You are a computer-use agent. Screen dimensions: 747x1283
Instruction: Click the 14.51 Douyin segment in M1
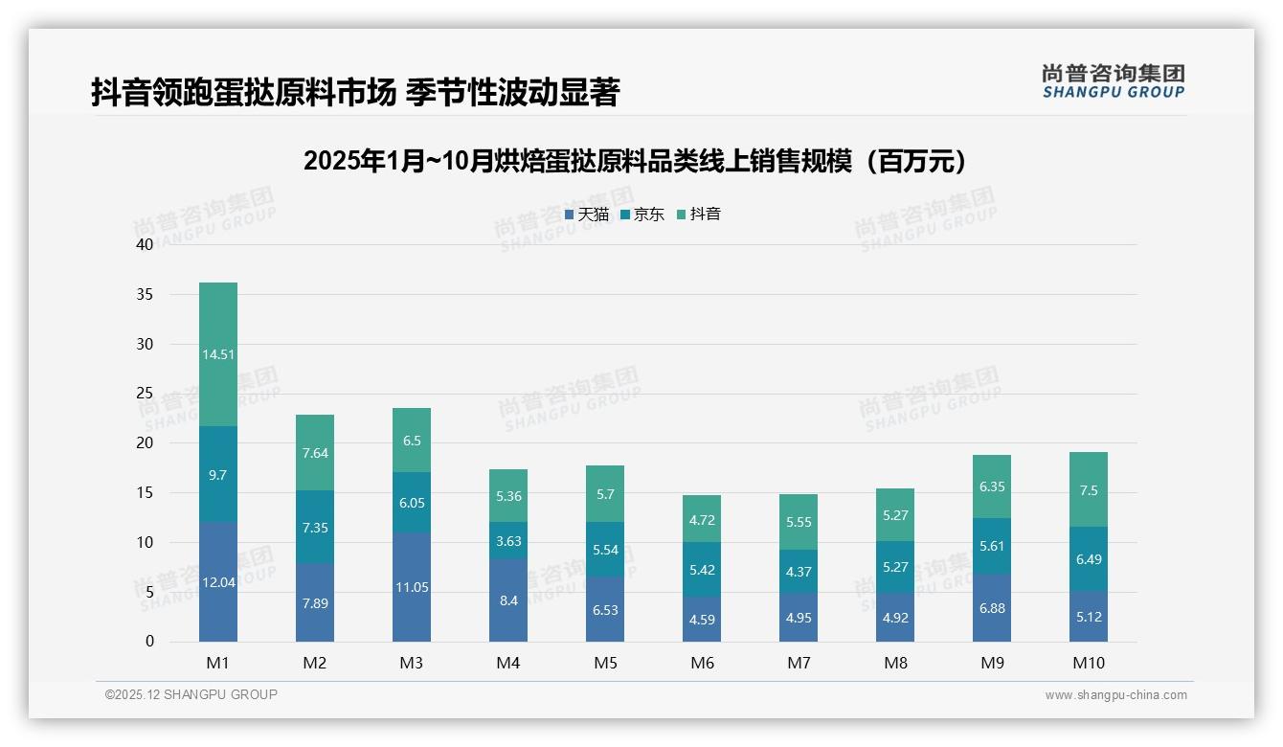click(x=218, y=354)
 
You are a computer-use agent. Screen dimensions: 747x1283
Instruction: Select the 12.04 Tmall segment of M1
click(x=218, y=581)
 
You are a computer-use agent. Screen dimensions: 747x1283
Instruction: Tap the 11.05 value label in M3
click(x=412, y=587)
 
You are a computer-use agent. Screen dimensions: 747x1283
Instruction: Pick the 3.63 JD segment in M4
click(x=508, y=541)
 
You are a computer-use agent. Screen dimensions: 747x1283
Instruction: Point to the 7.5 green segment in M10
click(x=1089, y=490)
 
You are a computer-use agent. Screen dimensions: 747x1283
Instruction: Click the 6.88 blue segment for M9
click(x=992, y=608)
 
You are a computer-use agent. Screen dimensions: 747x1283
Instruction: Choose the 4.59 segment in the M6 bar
click(x=702, y=619)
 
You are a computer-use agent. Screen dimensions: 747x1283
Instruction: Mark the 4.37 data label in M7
click(x=799, y=573)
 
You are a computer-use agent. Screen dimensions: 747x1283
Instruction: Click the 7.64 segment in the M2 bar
click(x=315, y=453)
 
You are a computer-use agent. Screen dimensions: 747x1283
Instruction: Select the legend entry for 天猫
click(x=586, y=215)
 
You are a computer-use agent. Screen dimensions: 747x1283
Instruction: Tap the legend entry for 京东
click(x=641, y=215)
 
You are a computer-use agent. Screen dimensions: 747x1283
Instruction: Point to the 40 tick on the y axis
click(x=145, y=244)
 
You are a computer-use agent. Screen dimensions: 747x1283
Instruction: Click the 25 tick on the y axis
click(x=145, y=394)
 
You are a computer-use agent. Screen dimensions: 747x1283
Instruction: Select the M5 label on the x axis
click(x=605, y=663)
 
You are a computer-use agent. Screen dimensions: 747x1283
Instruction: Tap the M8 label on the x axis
click(x=895, y=663)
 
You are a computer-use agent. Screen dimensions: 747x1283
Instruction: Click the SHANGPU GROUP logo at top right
click(x=1113, y=81)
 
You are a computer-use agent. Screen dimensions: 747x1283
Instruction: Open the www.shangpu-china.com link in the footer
click(x=1115, y=695)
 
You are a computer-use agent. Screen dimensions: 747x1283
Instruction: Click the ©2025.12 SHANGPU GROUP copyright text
click(x=191, y=694)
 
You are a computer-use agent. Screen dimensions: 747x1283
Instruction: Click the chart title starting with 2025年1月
click(x=640, y=162)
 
